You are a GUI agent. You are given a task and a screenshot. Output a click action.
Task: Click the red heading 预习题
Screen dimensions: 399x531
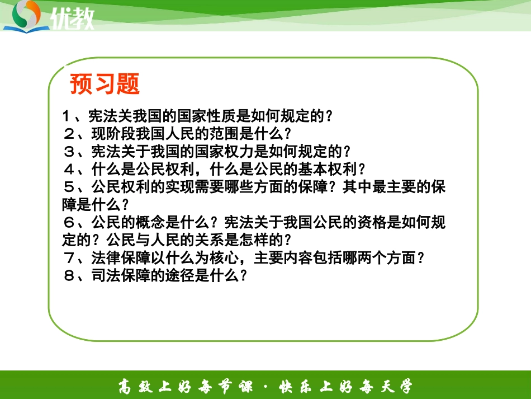click(105, 84)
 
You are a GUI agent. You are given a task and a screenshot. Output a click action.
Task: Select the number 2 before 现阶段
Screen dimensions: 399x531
click(68, 134)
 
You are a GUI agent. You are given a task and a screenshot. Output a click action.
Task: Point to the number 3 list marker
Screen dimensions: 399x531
click(68, 152)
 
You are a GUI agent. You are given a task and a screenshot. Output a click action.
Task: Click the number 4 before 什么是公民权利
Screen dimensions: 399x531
click(68, 170)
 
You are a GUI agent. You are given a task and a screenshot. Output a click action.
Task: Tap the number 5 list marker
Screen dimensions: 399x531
click(68, 187)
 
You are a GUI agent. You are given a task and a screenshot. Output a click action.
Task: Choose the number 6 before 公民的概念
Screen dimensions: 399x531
click(68, 223)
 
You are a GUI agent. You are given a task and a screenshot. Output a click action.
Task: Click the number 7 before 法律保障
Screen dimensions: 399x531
click(68, 258)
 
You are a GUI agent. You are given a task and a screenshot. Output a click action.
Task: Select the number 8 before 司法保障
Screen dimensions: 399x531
click(68, 276)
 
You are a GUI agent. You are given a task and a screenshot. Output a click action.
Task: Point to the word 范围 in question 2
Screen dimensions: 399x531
click(229, 134)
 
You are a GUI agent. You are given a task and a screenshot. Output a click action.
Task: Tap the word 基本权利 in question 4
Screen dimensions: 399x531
click(328, 170)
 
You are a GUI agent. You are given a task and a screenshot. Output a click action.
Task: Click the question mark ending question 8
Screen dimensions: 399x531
click(243, 276)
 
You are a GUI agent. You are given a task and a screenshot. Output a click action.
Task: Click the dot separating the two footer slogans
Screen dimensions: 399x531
click(266, 386)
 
